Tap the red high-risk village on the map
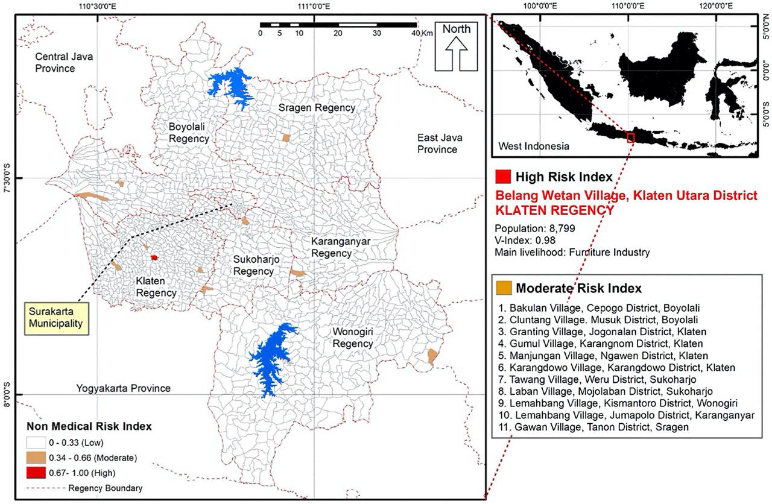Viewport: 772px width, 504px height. (154, 257)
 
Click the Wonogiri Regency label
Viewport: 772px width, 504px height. (353, 338)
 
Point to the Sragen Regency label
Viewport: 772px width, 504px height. (316, 107)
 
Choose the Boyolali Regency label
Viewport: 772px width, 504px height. (189, 133)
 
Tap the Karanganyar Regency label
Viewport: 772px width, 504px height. (340, 247)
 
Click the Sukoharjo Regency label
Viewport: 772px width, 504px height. (253, 265)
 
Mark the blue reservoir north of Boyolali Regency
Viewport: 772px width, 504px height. (232, 85)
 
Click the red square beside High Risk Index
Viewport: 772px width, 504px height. (502, 177)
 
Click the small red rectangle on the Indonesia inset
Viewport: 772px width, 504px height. (631, 138)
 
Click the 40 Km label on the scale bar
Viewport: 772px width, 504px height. (419, 33)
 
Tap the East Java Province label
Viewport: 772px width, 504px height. (437, 143)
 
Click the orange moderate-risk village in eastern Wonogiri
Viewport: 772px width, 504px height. (432, 356)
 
